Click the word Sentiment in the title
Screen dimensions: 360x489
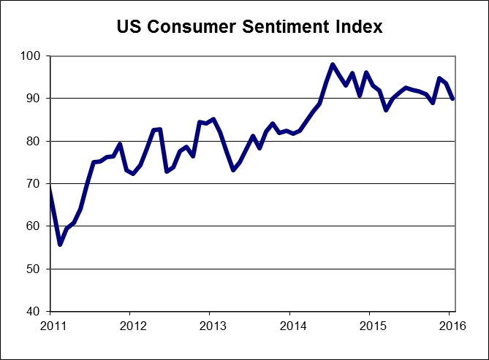point(282,28)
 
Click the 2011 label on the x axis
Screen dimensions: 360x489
point(50,325)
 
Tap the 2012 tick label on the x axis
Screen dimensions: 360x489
point(130,325)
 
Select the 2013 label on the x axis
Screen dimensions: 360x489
point(211,325)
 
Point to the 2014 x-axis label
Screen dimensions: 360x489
point(291,325)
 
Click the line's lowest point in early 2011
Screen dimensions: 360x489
point(60,245)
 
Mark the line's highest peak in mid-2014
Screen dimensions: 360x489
point(333,64)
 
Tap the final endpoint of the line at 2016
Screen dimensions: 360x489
point(453,99)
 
